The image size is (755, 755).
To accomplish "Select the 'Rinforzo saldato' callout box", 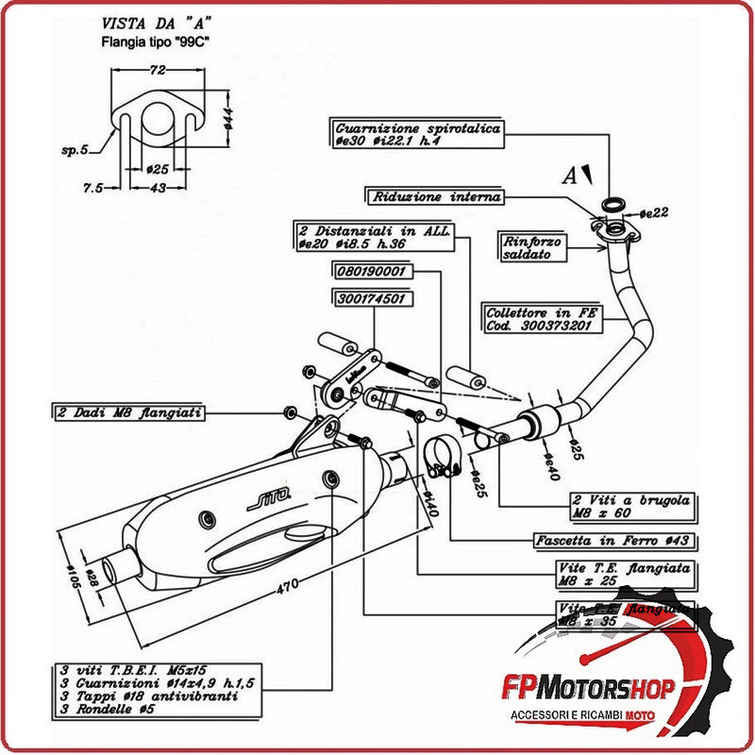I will [x=532, y=247].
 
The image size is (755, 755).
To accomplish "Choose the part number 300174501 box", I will [x=370, y=299].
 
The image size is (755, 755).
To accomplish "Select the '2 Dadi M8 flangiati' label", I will [x=127, y=412].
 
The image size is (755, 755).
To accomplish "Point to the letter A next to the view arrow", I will [x=569, y=176].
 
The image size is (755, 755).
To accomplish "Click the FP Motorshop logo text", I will [x=594, y=687].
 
